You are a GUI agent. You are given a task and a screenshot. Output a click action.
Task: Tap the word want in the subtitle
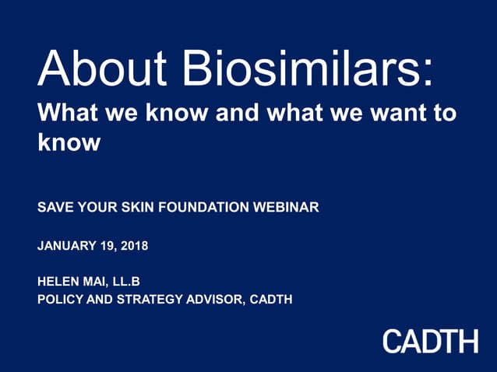382,114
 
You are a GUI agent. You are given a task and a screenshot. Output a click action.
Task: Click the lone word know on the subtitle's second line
69,143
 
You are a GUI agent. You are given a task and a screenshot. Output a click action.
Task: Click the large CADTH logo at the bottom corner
429,340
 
